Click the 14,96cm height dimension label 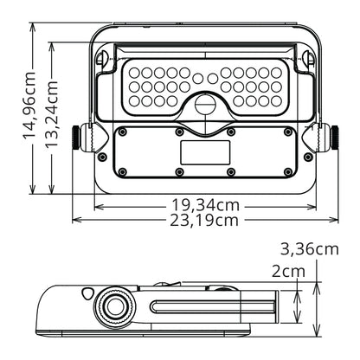tap(29, 106)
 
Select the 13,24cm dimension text tap(52, 115)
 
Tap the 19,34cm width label tap(206, 205)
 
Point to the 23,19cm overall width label tap(204, 221)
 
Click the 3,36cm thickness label tap(310, 249)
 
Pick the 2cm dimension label tap(288, 272)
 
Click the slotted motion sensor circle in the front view tap(205, 105)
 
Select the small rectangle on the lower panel tap(205, 152)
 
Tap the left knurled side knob tap(76, 138)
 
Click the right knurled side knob tap(335, 138)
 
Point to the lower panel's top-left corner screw tap(123, 132)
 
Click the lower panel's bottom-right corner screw tap(287, 172)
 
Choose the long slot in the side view tap(213, 307)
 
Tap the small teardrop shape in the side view tap(87, 293)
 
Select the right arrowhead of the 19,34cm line tap(312, 207)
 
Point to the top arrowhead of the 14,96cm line tap(33, 27)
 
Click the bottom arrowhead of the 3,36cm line tap(317, 332)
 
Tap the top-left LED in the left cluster tap(134, 73)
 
